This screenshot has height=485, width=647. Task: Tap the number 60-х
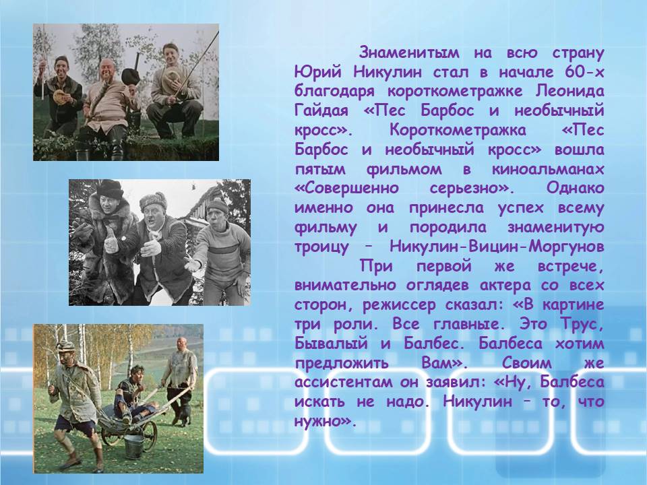click(x=583, y=72)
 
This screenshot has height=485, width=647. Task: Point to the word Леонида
click(x=570, y=92)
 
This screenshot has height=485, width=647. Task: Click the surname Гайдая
click(x=321, y=111)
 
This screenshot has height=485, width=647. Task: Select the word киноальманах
click(x=548, y=169)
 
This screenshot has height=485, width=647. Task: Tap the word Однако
click(x=575, y=189)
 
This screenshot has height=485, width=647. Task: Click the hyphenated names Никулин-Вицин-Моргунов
click(x=497, y=247)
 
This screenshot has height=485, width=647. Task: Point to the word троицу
click(x=321, y=247)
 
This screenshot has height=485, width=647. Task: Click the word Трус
click(x=582, y=324)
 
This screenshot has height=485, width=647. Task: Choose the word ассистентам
click(x=342, y=383)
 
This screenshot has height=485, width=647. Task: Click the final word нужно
click(x=324, y=421)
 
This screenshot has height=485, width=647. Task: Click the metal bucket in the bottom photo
click(x=134, y=446)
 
